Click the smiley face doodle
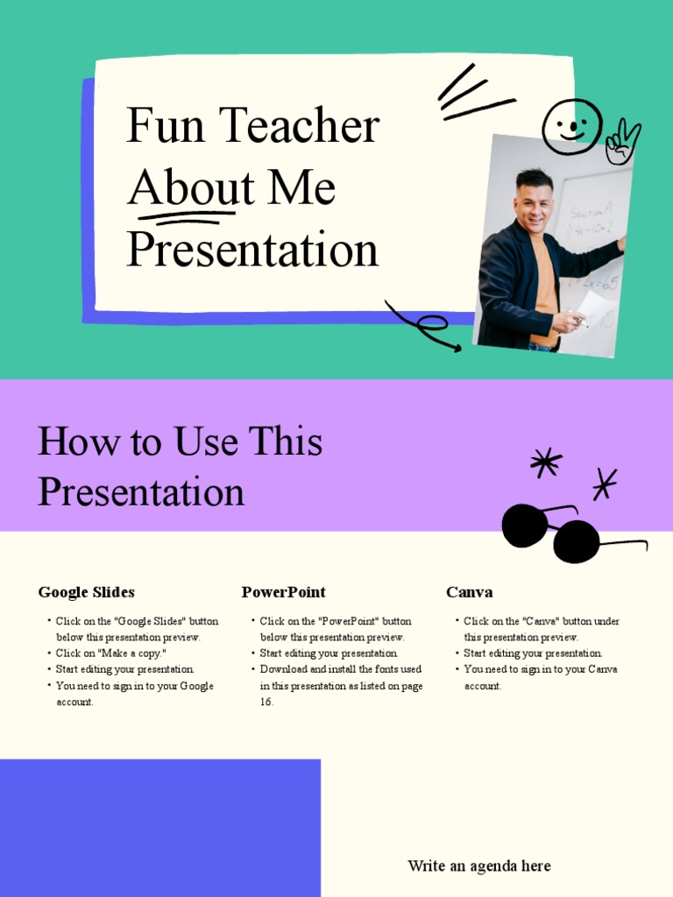pos(571,126)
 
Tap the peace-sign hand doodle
pos(622,142)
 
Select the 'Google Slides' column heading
pos(86,592)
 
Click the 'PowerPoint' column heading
pos(283,592)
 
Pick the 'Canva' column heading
pos(469,592)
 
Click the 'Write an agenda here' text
pos(478,866)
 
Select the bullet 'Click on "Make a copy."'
pos(111,653)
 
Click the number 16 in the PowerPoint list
pos(266,703)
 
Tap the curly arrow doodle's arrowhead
pos(455,348)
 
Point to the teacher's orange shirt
pos(545,280)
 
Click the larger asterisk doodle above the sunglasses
pos(546,463)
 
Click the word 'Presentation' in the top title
pos(252,251)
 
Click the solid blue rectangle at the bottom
pos(159,828)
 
